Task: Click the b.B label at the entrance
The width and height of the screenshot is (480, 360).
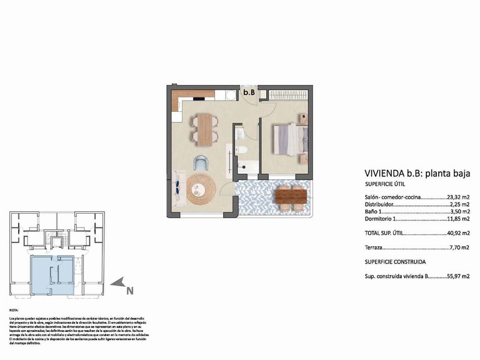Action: click(249, 92)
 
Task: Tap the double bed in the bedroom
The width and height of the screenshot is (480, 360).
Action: click(289, 137)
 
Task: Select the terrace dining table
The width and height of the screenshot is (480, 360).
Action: click(291, 197)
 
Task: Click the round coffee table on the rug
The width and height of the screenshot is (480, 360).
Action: click(201, 187)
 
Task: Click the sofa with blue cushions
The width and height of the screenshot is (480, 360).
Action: click(178, 188)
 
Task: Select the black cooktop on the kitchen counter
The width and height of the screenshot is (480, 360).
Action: click(199, 97)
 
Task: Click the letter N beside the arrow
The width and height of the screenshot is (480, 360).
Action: click(129, 290)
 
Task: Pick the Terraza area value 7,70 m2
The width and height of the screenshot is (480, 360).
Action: click(459, 248)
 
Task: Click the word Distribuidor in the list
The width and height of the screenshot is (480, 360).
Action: click(379, 204)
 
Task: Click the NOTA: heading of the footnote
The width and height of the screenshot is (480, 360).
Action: click(14, 310)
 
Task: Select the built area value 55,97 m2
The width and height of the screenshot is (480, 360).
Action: click(458, 276)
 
